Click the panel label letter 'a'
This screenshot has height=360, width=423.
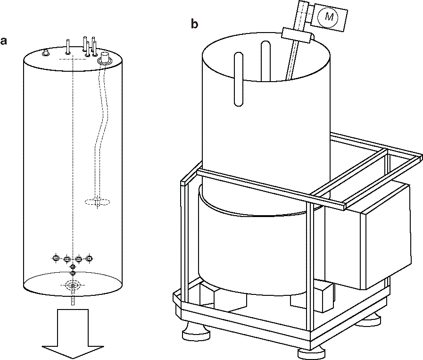(4, 41)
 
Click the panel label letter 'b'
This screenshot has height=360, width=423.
(194, 24)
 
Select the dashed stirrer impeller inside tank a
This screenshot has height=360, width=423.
(97, 202)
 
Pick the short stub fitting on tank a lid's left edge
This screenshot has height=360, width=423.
(46, 53)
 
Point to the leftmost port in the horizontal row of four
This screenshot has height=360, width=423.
(56, 258)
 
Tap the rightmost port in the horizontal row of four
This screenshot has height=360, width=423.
(89, 258)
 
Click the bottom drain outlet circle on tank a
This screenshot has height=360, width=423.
(73, 285)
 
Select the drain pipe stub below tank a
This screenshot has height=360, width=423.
(73, 300)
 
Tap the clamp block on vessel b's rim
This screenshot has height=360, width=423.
(298, 34)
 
